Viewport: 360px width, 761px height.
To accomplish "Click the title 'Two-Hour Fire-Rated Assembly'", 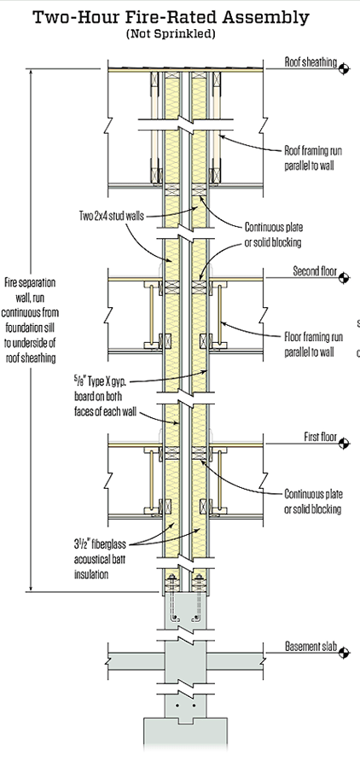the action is pos(171,17).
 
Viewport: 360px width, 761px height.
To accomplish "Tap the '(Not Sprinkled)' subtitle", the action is pos(171,34).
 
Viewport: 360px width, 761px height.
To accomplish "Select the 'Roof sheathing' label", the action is pos(311,62).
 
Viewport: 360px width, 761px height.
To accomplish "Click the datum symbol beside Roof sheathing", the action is pos(344,69).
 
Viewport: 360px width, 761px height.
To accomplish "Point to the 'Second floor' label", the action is pos(315,270).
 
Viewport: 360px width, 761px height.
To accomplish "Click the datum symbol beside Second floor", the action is pos(344,278).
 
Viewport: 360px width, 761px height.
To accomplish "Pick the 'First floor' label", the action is pos(320,437).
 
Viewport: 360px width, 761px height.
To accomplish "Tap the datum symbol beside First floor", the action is pos(344,444).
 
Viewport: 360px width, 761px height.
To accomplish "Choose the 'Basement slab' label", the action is pos(311,647).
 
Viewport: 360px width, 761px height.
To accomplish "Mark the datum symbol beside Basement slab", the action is pos(344,654).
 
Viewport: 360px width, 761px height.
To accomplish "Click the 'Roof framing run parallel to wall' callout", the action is pos(313,158).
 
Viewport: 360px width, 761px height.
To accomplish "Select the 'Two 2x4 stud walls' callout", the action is pos(111,215).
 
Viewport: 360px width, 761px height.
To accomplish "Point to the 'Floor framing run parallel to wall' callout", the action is pos(313,344).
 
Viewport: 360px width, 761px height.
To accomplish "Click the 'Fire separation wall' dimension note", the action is pos(30,320).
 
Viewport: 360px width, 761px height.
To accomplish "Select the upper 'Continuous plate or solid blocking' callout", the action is pos(274,235).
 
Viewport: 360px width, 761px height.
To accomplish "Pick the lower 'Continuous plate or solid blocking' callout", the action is pos(313,502).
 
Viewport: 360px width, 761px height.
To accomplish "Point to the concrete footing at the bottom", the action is pos(185,738).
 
